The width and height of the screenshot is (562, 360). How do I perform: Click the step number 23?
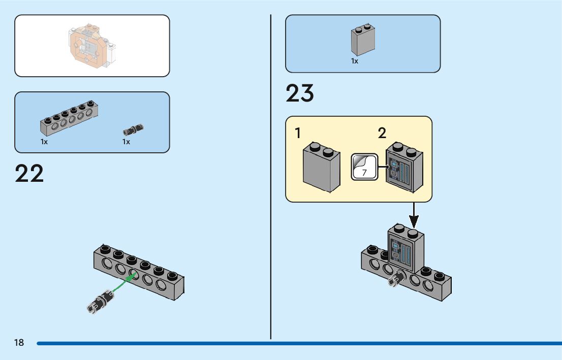click(300, 93)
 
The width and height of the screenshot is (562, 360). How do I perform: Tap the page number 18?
click(19, 342)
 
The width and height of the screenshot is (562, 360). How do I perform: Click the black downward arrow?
click(414, 215)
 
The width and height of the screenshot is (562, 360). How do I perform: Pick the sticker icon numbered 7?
click(364, 167)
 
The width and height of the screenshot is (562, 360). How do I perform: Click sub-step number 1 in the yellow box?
click(297, 133)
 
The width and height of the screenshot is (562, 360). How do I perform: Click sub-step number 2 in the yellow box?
click(382, 133)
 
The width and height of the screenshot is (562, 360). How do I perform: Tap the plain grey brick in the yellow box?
click(322, 167)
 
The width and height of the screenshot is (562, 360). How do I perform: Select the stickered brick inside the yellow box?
click(404, 167)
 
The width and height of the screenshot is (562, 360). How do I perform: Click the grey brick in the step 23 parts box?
click(363, 40)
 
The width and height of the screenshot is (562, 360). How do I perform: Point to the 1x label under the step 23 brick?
click(355, 61)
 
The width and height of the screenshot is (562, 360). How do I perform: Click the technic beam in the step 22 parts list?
click(69, 118)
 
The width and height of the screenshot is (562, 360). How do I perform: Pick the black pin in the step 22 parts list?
click(133, 129)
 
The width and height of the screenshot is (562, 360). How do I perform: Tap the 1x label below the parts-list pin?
click(126, 142)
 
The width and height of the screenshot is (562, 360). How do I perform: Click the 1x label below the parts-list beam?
click(44, 142)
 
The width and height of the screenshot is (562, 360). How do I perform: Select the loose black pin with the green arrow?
click(101, 302)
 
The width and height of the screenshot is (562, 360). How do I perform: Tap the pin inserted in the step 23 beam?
click(396, 278)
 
